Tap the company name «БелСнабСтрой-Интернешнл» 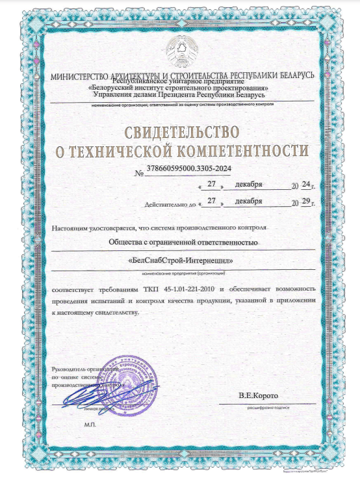pos(182,260)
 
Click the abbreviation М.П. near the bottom pos(90,423)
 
